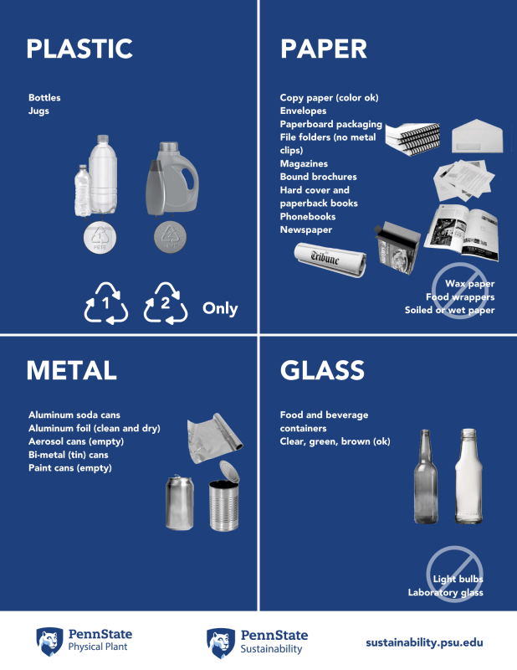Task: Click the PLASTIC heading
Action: (x=79, y=49)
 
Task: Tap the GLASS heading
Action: (x=322, y=370)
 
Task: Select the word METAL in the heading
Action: (x=71, y=370)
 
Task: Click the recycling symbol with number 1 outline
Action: (x=106, y=303)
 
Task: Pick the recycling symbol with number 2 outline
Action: (x=166, y=303)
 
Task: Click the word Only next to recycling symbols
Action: (x=220, y=308)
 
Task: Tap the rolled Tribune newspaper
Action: (x=330, y=260)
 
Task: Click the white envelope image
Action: (x=478, y=137)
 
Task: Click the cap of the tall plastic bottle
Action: (x=103, y=139)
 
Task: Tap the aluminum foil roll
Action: (x=214, y=437)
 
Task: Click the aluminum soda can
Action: (x=179, y=502)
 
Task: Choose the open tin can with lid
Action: (x=224, y=496)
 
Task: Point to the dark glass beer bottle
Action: (x=426, y=477)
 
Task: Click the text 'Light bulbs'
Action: (x=458, y=579)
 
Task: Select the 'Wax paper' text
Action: (x=469, y=284)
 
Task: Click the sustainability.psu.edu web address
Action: (x=424, y=642)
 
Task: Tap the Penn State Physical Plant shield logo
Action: (x=49, y=642)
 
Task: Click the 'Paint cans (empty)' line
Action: (x=70, y=468)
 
